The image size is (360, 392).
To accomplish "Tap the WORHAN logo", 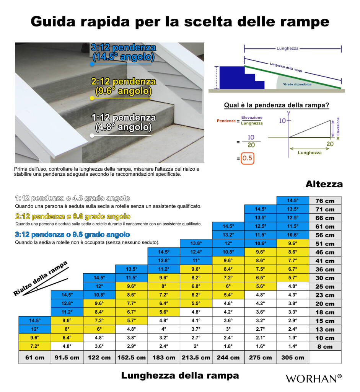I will (313, 379).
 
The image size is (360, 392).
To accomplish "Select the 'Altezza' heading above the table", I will (324, 184).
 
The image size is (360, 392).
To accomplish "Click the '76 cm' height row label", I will (324, 201).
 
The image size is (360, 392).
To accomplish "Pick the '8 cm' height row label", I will (324, 347).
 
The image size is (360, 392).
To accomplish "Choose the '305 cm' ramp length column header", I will (293, 358).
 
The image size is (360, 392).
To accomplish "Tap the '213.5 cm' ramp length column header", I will (195, 358).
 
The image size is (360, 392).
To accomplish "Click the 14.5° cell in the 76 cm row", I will (293, 201).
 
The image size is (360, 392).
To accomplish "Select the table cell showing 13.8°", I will (195, 243).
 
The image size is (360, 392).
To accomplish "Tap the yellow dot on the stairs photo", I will (92, 98).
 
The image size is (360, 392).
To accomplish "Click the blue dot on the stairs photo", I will (92, 64).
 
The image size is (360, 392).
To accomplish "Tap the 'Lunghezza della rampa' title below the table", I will (180, 376).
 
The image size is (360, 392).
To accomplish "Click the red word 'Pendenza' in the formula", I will (226, 121).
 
